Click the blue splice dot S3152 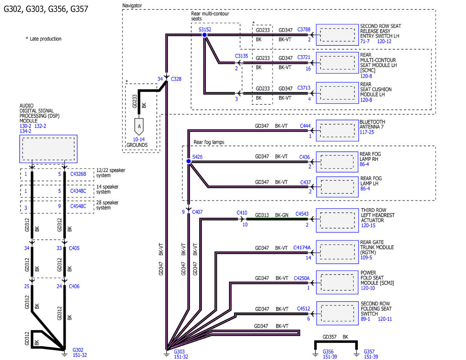pos(205,35)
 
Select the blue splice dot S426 pos(188,161)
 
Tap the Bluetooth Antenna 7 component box pos(337,130)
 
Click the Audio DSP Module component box pos(49,149)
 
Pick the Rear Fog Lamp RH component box pos(337,162)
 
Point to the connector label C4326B pos(78,174)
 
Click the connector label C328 pos(176,79)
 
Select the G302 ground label pos(78,350)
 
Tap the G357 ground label pos(369,351)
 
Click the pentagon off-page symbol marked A pos(139,127)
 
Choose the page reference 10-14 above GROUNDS pos(139,139)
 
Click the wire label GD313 pos(262,215)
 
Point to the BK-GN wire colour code pos(282,215)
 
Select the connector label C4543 pos(302,214)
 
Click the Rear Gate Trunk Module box pos(337,252)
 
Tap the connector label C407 pos(197,212)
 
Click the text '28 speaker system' pos(107,205)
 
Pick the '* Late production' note pos(43,39)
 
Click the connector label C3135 pos(242,56)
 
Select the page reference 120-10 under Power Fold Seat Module pos(368,288)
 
